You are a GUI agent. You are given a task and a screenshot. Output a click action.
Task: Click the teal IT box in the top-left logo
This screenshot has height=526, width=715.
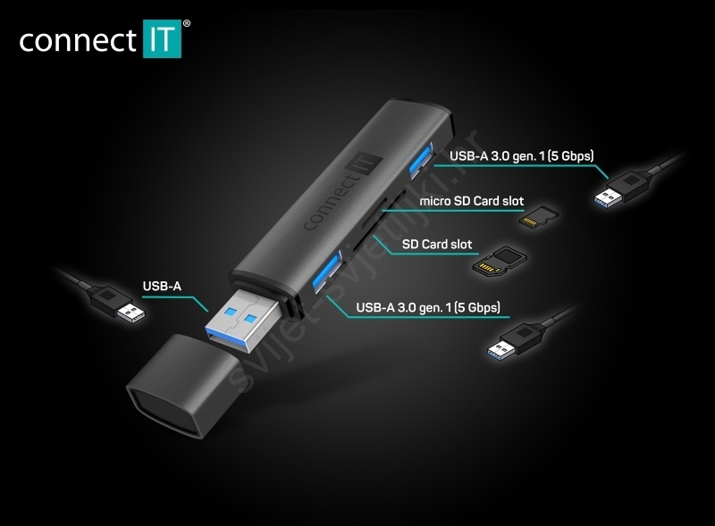163,38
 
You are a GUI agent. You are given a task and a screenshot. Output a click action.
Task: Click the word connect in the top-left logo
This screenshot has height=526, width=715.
78,40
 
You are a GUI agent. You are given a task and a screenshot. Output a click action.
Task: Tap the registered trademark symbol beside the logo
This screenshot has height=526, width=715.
187,23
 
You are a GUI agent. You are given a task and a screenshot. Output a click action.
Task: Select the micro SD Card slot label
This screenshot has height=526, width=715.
472,201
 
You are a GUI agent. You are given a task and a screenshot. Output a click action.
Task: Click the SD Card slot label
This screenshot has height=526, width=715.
437,245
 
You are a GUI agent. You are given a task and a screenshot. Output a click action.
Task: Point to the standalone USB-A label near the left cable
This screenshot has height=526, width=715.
162,287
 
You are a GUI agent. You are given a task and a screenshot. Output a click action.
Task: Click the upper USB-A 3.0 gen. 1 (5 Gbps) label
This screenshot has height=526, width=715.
522,156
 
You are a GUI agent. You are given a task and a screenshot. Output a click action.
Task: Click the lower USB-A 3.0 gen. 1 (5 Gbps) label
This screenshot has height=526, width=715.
428,307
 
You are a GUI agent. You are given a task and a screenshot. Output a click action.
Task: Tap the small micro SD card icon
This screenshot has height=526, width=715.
539,217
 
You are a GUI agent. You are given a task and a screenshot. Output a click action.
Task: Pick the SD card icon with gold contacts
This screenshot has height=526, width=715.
500,261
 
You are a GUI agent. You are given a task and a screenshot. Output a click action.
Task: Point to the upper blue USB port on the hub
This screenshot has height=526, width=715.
420,161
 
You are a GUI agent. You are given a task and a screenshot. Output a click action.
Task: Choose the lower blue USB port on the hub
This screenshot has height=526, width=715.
326,271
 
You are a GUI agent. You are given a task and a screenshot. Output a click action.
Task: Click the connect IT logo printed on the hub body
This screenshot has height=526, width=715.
341,190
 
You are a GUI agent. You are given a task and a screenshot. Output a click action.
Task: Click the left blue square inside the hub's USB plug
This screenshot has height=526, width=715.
231,312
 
